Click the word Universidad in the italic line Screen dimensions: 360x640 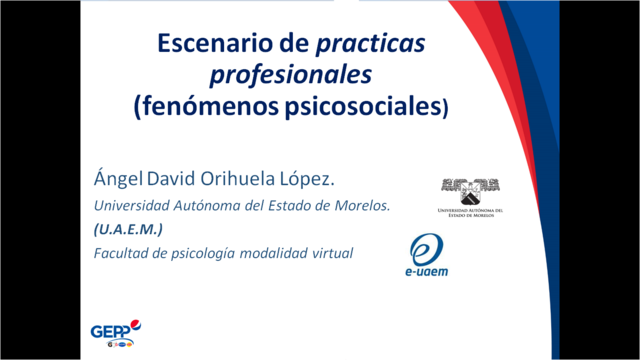(x=135, y=206)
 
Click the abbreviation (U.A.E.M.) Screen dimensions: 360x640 (x=128, y=230)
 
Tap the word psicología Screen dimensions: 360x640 (x=204, y=254)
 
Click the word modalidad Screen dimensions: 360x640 (x=276, y=254)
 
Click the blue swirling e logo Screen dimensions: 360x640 (x=427, y=247)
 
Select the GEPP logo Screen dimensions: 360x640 (x=110, y=333)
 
